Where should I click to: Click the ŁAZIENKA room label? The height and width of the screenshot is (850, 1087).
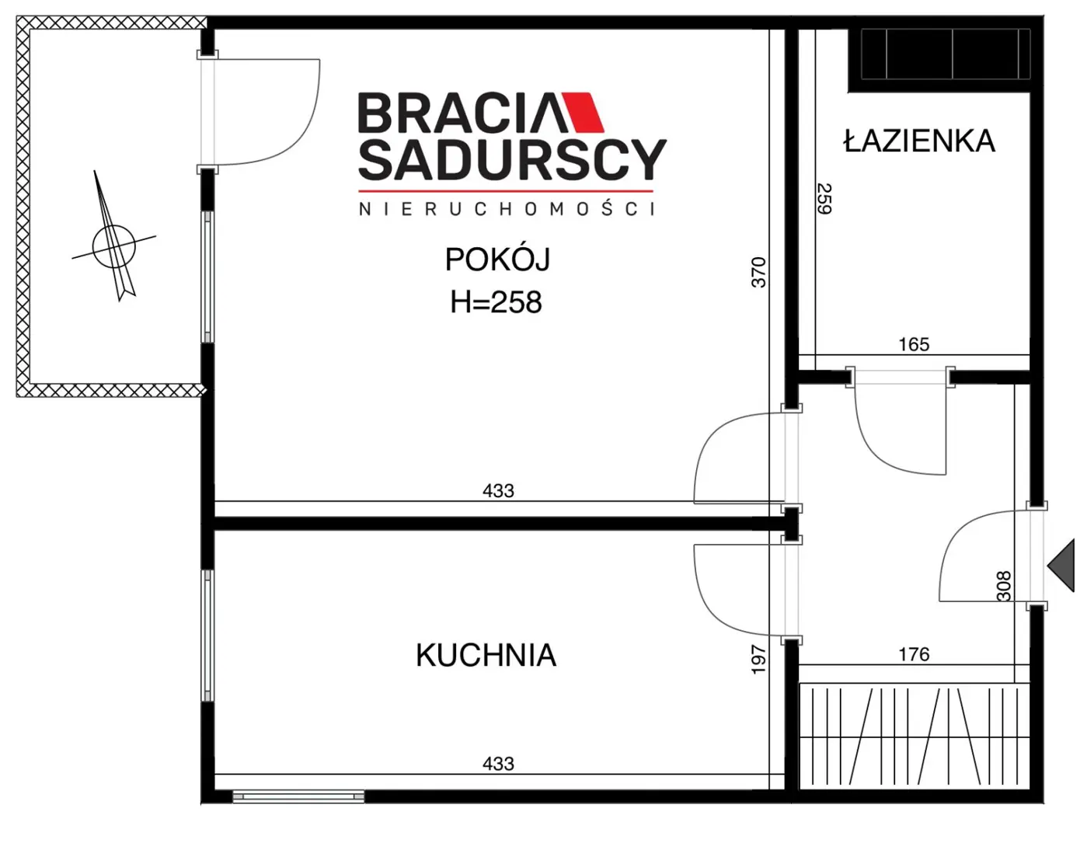coord(918,141)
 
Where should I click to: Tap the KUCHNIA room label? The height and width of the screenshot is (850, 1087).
coord(486,655)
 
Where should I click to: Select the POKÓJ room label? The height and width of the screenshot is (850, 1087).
coord(497,259)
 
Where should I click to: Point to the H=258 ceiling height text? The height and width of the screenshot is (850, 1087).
coord(496,302)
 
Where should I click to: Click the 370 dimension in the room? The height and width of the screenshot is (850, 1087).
coord(758,272)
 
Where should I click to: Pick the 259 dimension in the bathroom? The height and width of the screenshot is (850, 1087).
coord(824,198)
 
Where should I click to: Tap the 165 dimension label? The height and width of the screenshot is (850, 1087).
coord(913,344)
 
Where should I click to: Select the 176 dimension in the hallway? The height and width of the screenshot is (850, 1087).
coord(913,654)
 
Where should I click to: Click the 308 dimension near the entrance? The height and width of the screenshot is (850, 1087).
coord(1003,586)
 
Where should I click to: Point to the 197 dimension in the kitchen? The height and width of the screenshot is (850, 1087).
coord(758,660)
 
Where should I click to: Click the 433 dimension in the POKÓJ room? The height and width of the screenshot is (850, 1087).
coord(498,490)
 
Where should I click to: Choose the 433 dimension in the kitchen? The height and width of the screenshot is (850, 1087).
coord(498,764)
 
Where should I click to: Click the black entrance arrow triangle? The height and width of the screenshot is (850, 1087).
coord(1063,566)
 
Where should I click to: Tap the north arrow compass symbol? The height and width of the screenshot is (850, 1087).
coord(114,245)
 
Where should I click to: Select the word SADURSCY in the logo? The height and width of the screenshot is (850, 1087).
coord(511,160)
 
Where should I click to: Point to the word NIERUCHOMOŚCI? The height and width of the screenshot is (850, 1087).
coord(507,209)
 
